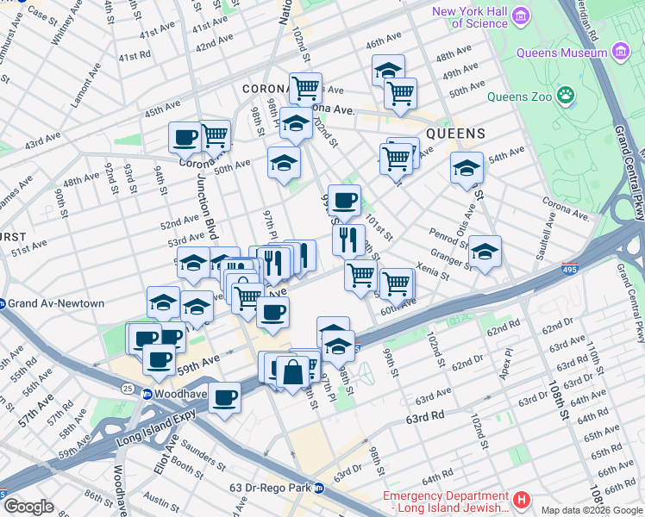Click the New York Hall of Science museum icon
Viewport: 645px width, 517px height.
click(520, 17)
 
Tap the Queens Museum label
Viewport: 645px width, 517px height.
click(561, 53)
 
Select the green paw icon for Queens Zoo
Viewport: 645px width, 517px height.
click(566, 94)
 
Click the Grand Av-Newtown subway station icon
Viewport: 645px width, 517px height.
click(4, 303)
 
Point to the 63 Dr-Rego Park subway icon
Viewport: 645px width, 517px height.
click(319, 488)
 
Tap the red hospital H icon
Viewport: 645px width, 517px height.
click(521, 500)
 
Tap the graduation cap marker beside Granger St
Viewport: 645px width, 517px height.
click(485, 252)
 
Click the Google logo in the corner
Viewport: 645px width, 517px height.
click(28, 507)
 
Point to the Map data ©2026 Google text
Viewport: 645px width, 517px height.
click(592, 511)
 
